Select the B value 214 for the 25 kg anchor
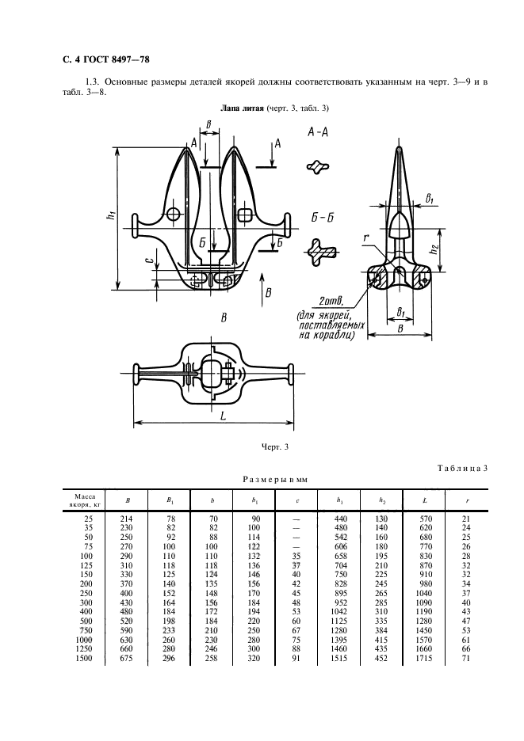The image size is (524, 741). tap(126, 517)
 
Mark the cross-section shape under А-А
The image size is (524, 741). tap(319, 167)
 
